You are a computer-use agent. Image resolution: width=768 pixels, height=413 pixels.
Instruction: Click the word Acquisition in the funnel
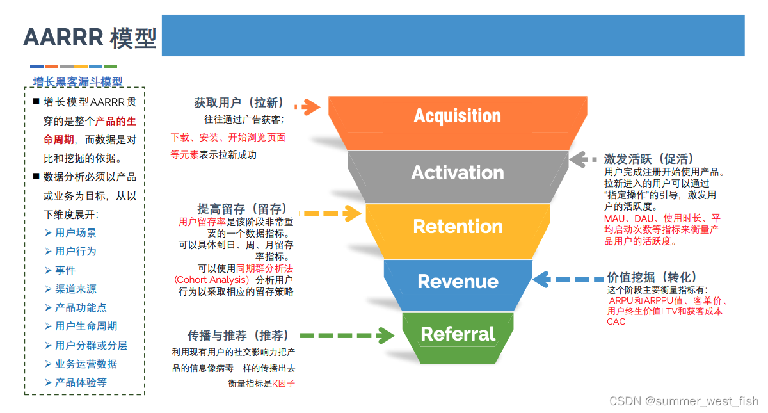click(458, 116)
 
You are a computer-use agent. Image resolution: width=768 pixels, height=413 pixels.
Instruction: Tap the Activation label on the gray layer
click(458, 172)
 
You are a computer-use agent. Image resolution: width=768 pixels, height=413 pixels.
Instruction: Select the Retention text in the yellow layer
click(458, 227)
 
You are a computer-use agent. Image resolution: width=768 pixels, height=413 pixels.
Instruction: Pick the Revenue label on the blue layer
click(458, 282)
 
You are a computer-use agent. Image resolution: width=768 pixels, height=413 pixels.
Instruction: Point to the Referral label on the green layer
click(458, 334)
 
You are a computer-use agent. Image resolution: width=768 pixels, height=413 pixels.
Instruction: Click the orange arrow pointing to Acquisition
click(307, 107)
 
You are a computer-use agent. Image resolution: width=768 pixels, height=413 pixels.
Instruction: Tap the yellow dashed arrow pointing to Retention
click(330, 213)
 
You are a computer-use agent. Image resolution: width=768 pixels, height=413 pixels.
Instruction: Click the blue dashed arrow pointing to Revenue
click(568, 280)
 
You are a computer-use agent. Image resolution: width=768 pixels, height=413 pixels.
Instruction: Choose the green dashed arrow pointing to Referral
click(347, 336)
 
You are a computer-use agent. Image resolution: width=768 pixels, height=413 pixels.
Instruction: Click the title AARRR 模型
click(90, 38)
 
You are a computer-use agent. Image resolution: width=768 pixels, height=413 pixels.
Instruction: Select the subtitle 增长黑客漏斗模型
click(78, 82)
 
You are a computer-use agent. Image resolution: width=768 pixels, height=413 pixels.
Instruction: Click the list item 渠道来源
click(76, 289)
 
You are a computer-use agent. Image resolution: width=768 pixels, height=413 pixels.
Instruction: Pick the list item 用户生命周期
click(86, 326)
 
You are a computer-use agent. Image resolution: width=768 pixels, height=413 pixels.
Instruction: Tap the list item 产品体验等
click(81, 382)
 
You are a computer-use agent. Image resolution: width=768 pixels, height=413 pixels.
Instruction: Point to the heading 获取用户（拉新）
click(239, 102)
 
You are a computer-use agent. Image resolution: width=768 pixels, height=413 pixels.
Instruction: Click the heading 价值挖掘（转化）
click(652, 277)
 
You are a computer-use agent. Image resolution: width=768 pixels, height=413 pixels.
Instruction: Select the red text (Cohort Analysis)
click(212, 280)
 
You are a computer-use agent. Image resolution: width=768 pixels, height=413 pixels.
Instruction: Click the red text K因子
click(284, 384)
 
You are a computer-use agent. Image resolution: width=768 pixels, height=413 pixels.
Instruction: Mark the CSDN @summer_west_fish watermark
click(684, 401)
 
